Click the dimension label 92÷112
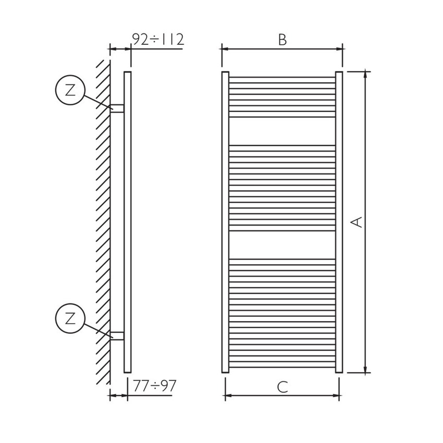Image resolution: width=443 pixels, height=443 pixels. [x=157, y=40]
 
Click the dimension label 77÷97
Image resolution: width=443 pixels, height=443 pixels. [x=155, y=386]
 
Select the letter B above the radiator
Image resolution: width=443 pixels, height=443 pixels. [x=282, y=40]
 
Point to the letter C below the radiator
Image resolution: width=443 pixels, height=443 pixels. [x=282, y=387]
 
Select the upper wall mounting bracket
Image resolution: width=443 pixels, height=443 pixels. [x=117, y=108]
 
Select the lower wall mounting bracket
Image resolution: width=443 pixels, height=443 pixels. [x=117, y=336]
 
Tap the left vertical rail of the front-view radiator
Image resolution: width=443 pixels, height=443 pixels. [x=225, y=221]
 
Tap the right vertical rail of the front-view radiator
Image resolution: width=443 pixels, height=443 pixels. [x=339, y=221]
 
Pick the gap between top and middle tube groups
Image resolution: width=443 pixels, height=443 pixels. [x=282, y=130]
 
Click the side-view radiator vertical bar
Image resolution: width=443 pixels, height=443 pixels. [x=127, y=221]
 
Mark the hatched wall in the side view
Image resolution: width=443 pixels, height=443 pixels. [x=102, y=221]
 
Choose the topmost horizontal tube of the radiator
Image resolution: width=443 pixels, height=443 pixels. [x=282, y=78]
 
